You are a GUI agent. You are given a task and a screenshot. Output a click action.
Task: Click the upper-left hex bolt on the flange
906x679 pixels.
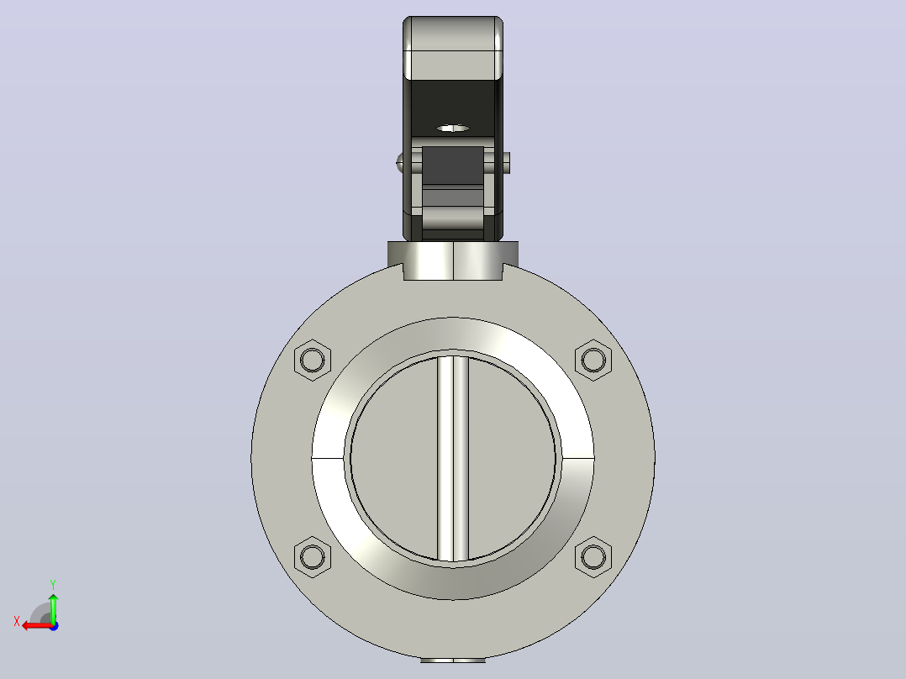313,360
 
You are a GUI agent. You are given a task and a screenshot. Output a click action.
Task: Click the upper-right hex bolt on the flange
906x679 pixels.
593,360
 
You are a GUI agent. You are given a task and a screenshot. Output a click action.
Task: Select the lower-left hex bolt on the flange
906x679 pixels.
313,557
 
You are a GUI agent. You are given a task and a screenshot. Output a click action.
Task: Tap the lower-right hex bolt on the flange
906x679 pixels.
593,557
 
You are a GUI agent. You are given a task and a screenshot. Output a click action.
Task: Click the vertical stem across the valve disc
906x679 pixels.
453,458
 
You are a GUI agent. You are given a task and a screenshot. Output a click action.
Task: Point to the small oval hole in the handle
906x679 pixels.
452,128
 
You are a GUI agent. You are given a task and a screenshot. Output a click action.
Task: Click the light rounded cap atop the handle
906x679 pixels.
453,48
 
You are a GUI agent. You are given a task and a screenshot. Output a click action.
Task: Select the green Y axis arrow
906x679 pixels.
53,608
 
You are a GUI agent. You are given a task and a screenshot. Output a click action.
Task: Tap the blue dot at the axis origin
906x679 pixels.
54,626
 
